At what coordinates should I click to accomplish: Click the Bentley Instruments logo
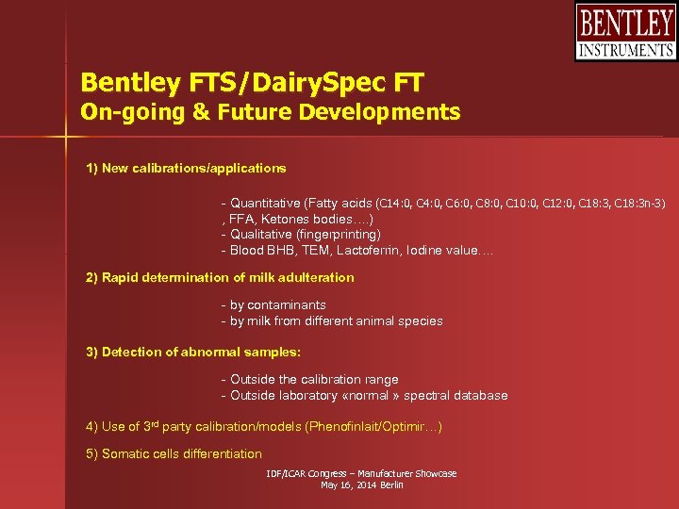(625, 32)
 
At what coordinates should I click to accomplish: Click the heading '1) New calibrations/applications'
(186, 169)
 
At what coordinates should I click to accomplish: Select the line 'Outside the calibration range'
(309, 380)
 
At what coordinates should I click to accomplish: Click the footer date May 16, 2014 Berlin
(362, 485)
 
